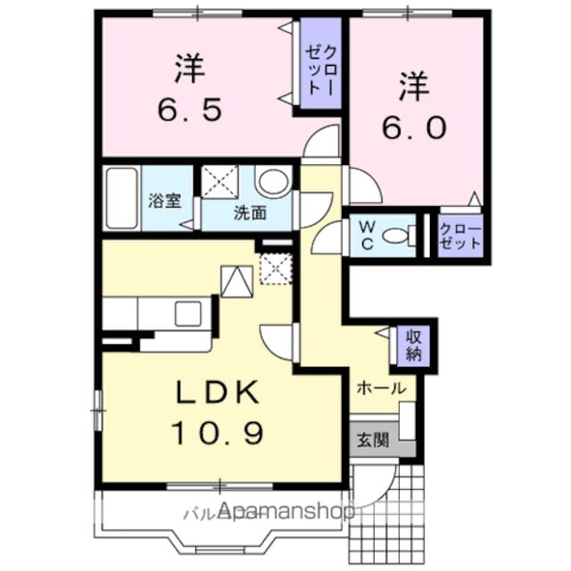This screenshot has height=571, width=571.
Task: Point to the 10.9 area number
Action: pos(218,434)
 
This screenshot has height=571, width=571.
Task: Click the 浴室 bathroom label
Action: pos(164,200)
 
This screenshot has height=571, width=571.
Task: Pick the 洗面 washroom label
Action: pos(251,212)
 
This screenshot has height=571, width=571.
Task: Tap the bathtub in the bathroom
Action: pos(121,197)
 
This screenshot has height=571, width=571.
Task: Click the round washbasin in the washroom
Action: pos(274,184)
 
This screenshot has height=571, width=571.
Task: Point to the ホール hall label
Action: pos(382,388)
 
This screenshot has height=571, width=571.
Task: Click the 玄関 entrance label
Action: pos(373,440)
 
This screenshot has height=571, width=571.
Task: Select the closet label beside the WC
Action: pos(460,236)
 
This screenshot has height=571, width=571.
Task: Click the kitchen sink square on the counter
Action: pos(188,313)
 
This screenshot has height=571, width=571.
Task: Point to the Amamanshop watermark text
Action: pos(285,511)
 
